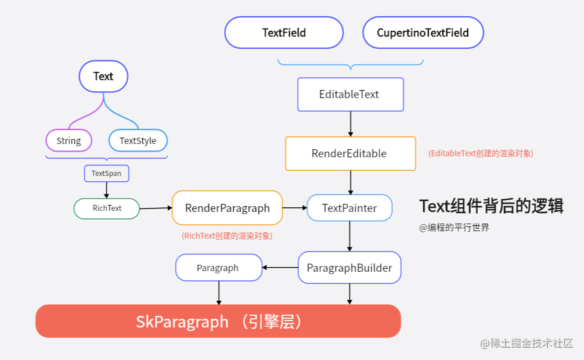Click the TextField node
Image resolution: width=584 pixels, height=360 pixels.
click(284, 33)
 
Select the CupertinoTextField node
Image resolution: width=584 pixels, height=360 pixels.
click(423, 33)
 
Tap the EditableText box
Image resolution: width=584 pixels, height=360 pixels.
click(350, 94)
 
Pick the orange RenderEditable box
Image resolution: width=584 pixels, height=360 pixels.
click(350, 153)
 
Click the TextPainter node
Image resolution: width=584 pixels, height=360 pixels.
click(349, 208)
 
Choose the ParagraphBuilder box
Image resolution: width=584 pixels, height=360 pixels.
click(349, 268)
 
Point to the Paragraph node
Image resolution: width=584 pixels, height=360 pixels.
click(218, 268)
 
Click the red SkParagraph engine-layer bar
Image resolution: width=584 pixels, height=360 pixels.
click(218, 321)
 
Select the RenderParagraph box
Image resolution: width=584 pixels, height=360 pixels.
click(227, 208)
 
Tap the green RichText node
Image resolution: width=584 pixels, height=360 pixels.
click(107, 208)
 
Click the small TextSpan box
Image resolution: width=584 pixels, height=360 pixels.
click(106, 173)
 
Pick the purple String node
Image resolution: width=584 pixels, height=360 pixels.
click(69, 141)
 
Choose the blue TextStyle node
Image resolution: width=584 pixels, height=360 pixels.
click(138, 141)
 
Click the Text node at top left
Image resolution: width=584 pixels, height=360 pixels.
click(103, 76)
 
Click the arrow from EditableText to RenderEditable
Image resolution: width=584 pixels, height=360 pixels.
click(351, 124)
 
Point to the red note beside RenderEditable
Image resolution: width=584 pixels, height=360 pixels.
click(481, 153)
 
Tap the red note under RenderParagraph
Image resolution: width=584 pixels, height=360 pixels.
click(226, 236)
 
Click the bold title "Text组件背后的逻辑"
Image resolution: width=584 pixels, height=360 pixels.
click(491, 206)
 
